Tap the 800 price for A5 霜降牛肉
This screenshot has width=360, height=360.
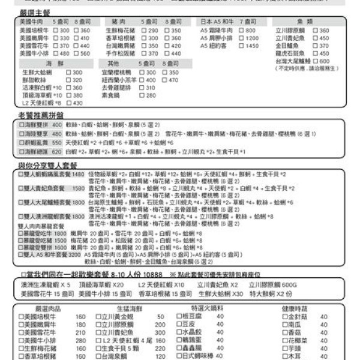click(251, 30)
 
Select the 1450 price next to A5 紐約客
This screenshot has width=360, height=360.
click(252, 46)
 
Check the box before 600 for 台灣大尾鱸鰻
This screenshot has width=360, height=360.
click(316, 61)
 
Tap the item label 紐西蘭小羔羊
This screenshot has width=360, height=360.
click(121, 80)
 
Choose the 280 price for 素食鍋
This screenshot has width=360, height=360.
click(150, 95)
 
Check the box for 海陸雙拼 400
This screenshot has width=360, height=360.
click(22, 125)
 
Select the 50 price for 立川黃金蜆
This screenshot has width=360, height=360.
click(160, 317)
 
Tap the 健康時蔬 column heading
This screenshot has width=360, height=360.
click(294, 308)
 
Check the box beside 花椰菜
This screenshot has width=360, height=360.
click(285, 340)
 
